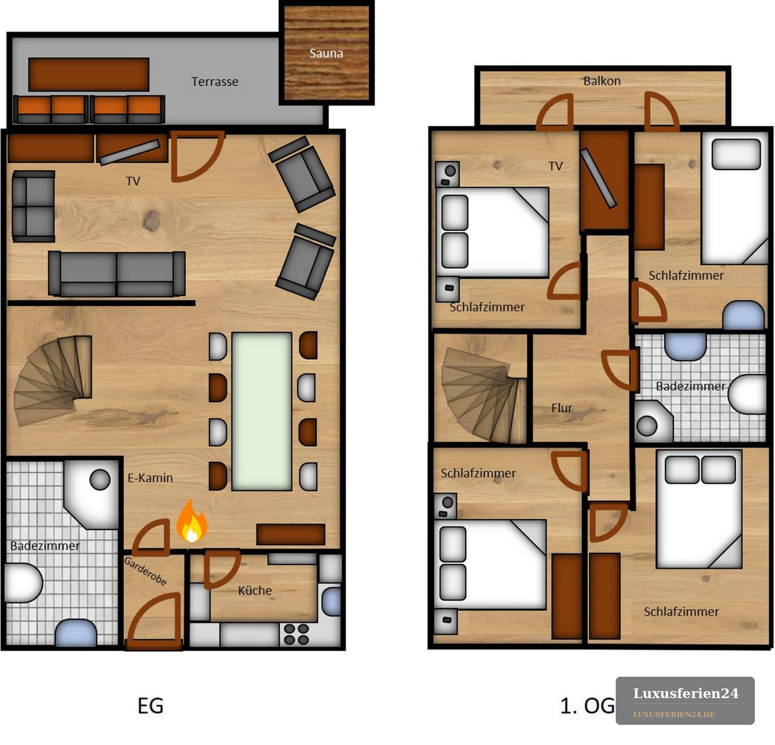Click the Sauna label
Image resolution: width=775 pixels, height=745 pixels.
[x=326, y=53]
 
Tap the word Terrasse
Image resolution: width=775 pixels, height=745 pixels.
[x=215, y=81]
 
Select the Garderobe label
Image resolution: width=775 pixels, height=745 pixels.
[x=145, y=571]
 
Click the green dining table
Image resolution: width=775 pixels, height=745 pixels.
[x=262, y=411]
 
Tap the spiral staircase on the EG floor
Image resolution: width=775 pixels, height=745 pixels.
[x=53, y=380]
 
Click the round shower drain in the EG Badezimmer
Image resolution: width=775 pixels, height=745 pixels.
[x=100, y=479]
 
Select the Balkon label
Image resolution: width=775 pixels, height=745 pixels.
[x=602, y=81]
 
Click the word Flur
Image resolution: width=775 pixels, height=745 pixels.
[x=562, y=408]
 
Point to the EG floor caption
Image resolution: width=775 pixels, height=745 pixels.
[x=150, y=706]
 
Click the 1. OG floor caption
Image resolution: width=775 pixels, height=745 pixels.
[x=587, y=706]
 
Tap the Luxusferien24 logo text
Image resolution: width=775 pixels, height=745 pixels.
[x=686, y=693]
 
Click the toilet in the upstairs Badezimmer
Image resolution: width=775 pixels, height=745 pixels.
[x=747, y=394]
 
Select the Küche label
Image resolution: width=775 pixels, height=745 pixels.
[x=255, y=591]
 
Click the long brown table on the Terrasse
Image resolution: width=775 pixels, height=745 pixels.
[x=89, y=74]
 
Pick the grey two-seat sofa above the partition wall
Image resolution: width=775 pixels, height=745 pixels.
[x=117, y=274]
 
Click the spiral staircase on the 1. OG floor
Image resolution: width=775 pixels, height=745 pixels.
[x=484, y=395]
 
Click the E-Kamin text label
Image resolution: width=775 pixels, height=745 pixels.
[x=150, y=478]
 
